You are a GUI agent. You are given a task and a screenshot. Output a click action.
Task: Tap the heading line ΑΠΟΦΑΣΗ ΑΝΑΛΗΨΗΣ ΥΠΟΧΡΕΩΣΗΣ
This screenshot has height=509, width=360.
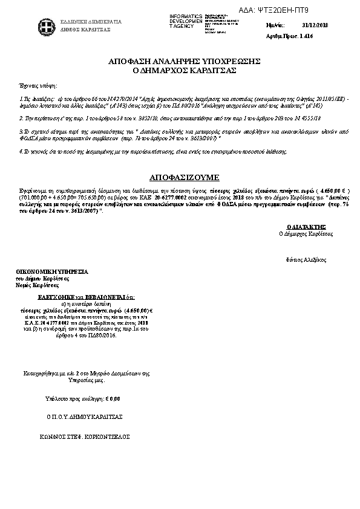tap(184, 62)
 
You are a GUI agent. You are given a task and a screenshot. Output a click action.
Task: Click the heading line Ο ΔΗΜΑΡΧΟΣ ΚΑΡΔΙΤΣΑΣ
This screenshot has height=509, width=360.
tap(184, 71)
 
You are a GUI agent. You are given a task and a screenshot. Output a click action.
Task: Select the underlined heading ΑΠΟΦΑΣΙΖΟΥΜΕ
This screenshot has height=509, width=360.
tap(184, 178)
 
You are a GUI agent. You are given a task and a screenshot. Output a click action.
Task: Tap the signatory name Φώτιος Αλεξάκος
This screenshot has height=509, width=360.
tap(306, 259)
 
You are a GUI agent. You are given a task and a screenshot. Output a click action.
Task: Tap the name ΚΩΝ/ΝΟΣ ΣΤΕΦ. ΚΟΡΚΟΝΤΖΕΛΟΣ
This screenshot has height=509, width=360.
tap(85, 435)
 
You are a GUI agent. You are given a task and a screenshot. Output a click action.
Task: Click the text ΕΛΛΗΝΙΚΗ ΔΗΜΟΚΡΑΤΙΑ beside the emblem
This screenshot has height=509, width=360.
tap(91, 22)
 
